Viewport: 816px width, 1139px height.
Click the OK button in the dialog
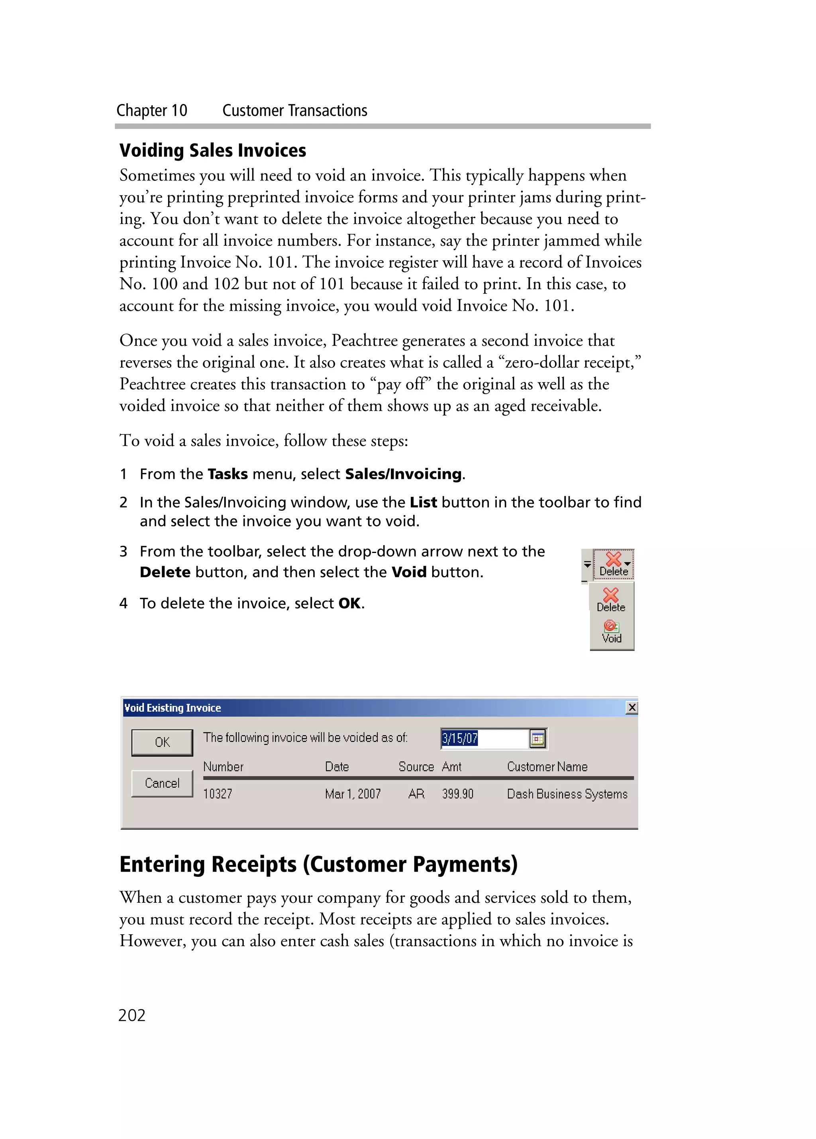click(x=162, y=742)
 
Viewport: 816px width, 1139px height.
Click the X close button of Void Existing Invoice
click(x=631, y=708)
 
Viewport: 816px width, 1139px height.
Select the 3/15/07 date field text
click(x=459, y=738)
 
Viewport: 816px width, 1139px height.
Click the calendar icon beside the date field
click(x=537, y=739)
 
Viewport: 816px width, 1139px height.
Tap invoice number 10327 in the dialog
click(x=218, y=794)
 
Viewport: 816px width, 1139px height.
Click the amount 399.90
click(x=457, y=794)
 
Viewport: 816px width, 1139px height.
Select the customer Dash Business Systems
click(x=567, y=794)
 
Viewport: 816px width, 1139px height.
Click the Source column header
click(x=416, y=767)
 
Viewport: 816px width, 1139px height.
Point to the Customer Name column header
click(x=547, y=767)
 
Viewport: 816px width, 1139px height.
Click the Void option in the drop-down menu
click(x=612, y=632)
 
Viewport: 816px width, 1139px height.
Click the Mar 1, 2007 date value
click(x=353, y=794)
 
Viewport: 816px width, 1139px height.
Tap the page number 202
click(x=131, y=1015)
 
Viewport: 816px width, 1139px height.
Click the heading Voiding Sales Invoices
click(x=212, y=150)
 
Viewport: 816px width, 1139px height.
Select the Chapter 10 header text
click(x=152, y=110)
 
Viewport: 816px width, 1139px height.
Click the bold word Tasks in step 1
click(x=228, y=474)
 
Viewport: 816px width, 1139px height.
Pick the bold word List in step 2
click(x=423, y=502)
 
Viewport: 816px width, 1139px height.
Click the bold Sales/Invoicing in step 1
click(x=403, y=474)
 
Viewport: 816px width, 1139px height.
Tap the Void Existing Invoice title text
click(x=172, y=708)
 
